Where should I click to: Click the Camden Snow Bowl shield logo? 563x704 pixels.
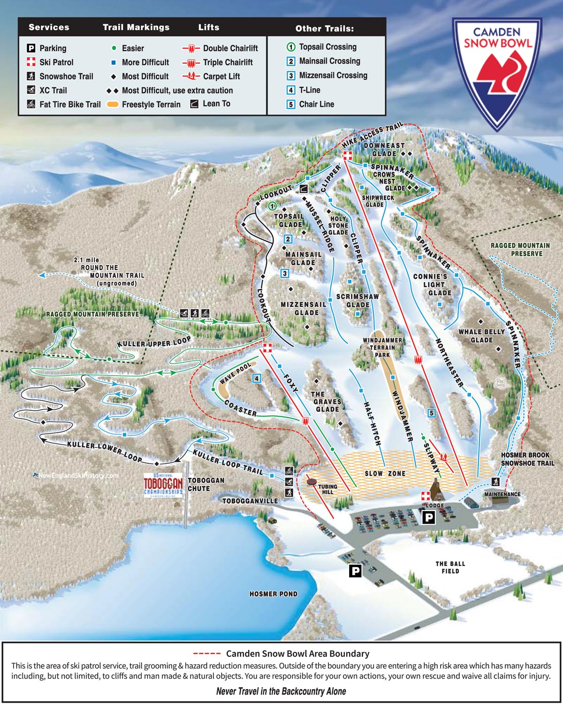tap(496, 73)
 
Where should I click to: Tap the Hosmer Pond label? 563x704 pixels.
tap(273, 594)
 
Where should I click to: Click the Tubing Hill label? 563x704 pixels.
tap(327, 489)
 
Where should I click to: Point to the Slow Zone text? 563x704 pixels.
tap(385, 474)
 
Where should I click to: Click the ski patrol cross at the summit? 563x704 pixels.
tap(347, 156)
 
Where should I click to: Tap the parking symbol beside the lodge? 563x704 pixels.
tap(428, 518)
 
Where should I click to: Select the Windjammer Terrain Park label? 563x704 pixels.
tap(382, 348)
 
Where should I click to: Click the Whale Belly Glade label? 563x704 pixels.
tap(481, 336)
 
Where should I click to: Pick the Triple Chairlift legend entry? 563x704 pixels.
tap(218, 62)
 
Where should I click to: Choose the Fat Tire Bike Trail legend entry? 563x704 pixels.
tap(64, 104)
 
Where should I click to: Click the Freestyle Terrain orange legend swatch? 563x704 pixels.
tap(113, 105)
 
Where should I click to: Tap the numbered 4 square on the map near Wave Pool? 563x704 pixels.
tap(257, 378)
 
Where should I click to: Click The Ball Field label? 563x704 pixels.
tap(450, 567)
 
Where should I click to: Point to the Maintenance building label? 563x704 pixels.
tap(502, 494)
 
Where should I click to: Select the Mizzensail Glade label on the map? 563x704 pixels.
tap(304, 308)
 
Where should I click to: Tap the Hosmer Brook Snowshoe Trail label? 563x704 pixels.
tap(527, 459)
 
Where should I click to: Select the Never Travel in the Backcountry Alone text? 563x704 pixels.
tap(281, 691)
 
